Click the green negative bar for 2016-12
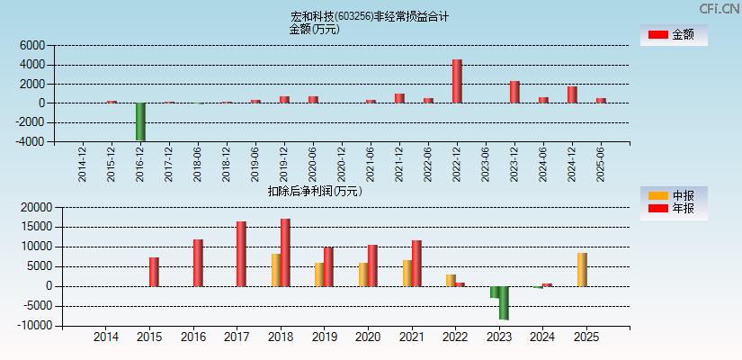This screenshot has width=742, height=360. pyautogui.click(x=140, y=121)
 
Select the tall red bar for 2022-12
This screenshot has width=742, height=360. pyautogui.click(x=457, y=81)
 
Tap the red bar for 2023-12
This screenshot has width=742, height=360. pyautogui.click(x=514, y=92)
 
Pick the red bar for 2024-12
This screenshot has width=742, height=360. pyautogui.click(x=572, y=94)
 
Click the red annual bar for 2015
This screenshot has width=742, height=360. pyautogui.click(x=154, y=272)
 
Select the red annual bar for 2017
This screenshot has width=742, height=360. pyautogui.click(x=241, y=254)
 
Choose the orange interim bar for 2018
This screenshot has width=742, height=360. pyautogui.click(x=276, y=270)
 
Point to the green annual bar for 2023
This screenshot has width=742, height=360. pyautogui.click(x=504, y=303)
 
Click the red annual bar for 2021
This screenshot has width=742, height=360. pyautogui.click(x=416, y=263)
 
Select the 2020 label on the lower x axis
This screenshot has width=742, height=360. pyautogui.click(x=367, y=337)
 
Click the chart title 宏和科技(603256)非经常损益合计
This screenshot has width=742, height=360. pyautogui.click(x=370, y=16)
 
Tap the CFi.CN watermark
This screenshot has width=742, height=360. pyautogui.click(x=720, y=8)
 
